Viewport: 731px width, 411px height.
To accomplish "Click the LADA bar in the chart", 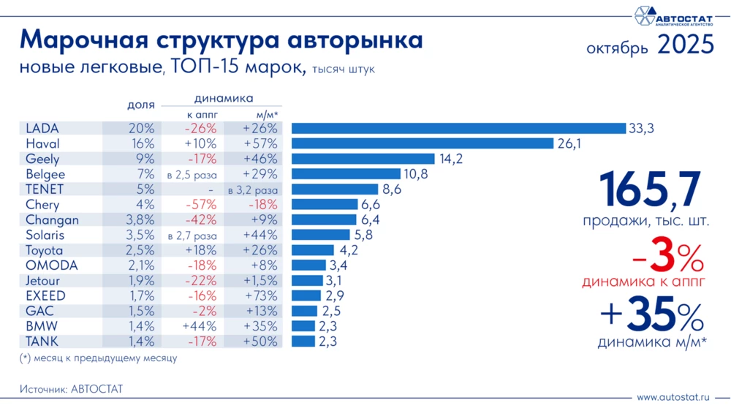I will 458,129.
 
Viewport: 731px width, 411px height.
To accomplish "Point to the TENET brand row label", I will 45,189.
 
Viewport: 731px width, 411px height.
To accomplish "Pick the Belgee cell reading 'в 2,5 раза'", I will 192,175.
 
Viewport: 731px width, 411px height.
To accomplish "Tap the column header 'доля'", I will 140,105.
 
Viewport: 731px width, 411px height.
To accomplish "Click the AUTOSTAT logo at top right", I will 673,16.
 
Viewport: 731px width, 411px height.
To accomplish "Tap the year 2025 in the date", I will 685,46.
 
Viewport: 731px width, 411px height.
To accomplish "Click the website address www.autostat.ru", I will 673,397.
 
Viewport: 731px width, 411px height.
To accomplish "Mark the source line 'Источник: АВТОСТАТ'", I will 71,390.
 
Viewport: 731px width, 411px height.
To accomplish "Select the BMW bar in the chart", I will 303,326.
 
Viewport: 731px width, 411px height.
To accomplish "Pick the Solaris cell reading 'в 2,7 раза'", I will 192,235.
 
